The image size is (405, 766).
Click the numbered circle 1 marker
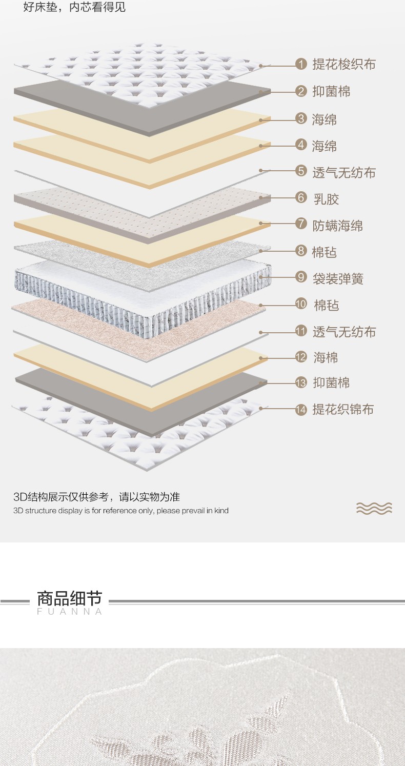[301, 64]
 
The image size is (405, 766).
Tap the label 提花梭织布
[343, 64]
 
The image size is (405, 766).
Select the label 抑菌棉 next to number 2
[331, 92]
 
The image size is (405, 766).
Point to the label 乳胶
[326, 199]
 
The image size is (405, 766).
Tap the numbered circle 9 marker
[301, 277]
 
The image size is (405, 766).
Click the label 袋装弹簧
[338, 279]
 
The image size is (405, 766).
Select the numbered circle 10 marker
[301, 304]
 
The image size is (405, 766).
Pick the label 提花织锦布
[343, 409]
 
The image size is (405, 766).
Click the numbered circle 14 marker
[301, 410]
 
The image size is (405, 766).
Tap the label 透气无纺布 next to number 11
[344, 332]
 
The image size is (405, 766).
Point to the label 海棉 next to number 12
[326, 357]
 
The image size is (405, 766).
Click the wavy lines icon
[374, 508]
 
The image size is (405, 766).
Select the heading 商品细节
[69, 598]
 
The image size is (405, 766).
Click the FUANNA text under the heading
[69, 612]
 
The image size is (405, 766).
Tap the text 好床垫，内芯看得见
[74, 7]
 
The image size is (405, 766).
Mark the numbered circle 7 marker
[301, 224]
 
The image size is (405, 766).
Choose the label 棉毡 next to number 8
[324, 252]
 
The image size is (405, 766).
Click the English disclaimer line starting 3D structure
[121, 511]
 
